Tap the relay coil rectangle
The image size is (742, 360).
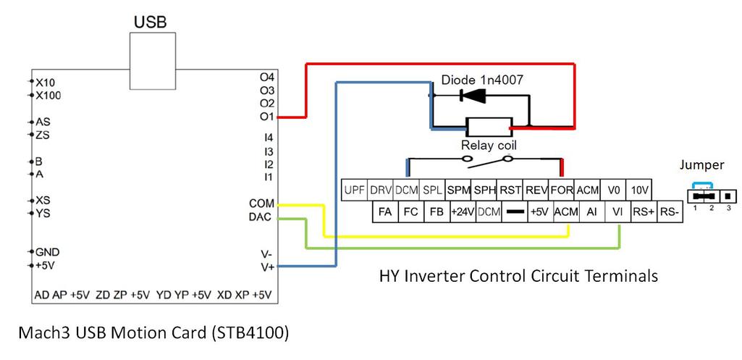(x=488, y=127)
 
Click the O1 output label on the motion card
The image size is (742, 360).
(x=266, y=117)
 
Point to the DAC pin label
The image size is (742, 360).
(x=261, y=217)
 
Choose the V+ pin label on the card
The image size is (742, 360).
(x=266, y=267)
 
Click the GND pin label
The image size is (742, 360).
(x=47, y=252)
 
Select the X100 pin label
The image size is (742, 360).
(x=49, y=96)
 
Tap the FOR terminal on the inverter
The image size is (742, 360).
(x=562, y=191)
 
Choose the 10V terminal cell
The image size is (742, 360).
(x=640, y=191)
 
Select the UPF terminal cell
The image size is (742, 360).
(x=354, y=191)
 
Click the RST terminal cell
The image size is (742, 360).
(x=510, y=191)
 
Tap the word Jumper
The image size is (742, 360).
(x=701, y=165)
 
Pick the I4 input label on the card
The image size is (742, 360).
(x=268, y=137)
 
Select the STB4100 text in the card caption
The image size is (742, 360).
(x=253, y=332)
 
